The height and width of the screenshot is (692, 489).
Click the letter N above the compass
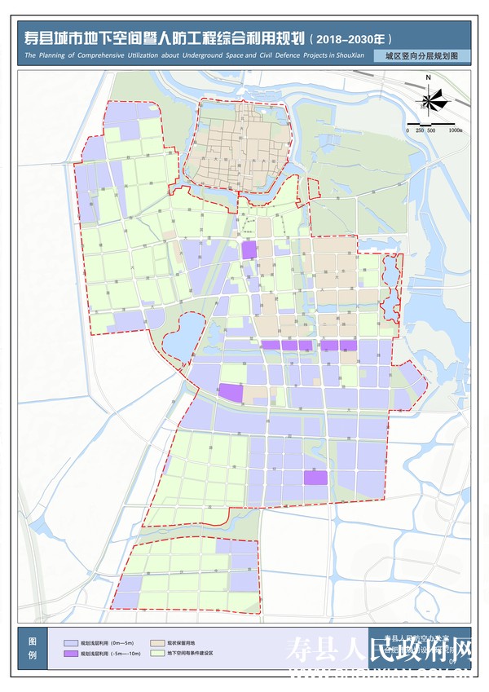(x=428, y=78)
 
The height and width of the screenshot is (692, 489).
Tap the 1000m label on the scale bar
(x=455, y=130)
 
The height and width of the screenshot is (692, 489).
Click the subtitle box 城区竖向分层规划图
(x=416, y=56)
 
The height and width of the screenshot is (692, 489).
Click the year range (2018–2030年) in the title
(x=352, y=37)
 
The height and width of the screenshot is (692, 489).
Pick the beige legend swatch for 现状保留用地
(x=156, y=642)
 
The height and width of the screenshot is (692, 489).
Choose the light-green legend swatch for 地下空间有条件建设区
(x=156, y=654)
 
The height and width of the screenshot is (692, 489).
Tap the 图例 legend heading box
(x=33, y=648)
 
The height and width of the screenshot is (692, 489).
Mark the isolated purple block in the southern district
(x=315, y=478)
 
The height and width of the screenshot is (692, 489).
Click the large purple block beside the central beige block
(x=231, y=392)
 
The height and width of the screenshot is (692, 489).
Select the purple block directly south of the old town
(x=249, y=249)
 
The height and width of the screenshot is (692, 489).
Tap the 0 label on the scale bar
(x=407, y=130)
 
